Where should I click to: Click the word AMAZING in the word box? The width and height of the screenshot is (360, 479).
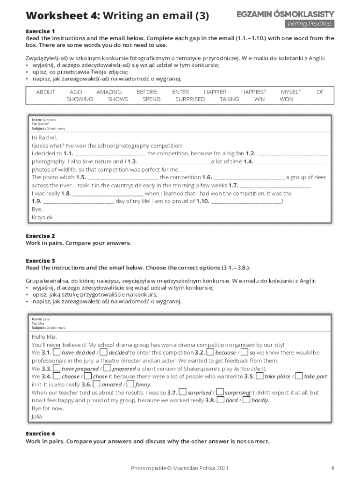[x=109, y=92]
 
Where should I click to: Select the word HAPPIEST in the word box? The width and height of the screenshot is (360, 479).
[x=253, y=92]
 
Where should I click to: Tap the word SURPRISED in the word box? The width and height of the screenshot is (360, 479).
[x=190, y=99]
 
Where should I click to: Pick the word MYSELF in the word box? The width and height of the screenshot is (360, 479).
[x=291, y=92]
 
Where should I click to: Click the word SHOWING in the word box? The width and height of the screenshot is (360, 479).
[x=79, y=99]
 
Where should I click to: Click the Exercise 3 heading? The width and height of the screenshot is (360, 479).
[x=40, y=261]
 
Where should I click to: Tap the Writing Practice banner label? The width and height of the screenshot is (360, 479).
[x=309, y=24]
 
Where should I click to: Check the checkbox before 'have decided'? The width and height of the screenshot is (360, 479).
[x=56, y=352]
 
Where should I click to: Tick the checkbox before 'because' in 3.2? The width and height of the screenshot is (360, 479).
[x=210, y=352]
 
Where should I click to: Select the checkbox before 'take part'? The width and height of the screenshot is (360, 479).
[x=298, y=376]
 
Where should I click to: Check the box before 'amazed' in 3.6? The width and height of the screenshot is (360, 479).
[x=97, y=384]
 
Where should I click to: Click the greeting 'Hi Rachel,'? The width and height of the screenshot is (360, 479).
[x=44, y=138]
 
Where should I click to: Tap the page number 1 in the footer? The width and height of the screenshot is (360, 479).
[x=332, y=468]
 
